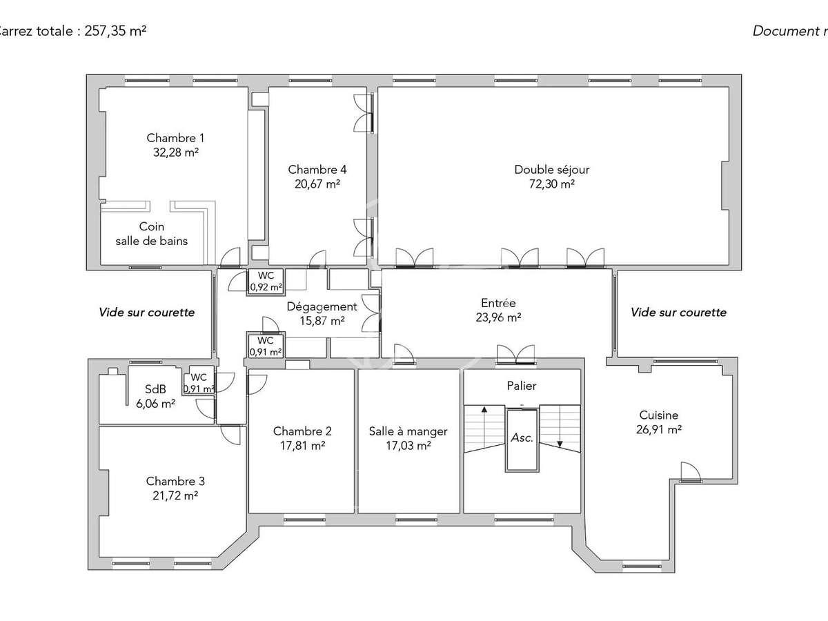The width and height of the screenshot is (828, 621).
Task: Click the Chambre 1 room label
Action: [x=175, y=138]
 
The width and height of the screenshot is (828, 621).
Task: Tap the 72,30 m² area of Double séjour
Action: [x=552, y=184]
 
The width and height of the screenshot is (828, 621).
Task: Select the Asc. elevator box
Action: [x=522, y=438]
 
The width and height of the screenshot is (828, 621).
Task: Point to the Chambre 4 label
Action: [x=317, y=170]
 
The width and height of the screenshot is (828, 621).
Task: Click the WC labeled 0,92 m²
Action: [x=266, y=282]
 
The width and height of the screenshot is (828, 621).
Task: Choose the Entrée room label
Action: [x=498, y=303]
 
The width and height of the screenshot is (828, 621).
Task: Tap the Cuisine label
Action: [x=658, y=415]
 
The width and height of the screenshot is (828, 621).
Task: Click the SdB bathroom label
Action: [x=155, y=389]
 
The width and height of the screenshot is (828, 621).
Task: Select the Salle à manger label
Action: [x=408, y=431]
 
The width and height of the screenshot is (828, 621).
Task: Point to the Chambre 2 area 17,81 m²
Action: [x=302, y=446]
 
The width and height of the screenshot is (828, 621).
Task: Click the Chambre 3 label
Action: [x=175, y=481]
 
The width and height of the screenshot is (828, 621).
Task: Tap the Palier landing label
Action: [x=521, y=386]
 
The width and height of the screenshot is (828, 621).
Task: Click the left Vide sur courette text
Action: [x=147, y=313]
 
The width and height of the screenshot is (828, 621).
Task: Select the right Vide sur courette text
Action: [x=678, y=313]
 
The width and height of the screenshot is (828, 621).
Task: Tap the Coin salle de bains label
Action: [x=152, y=234]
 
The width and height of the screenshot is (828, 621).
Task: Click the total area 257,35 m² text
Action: [x=115, y=31]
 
